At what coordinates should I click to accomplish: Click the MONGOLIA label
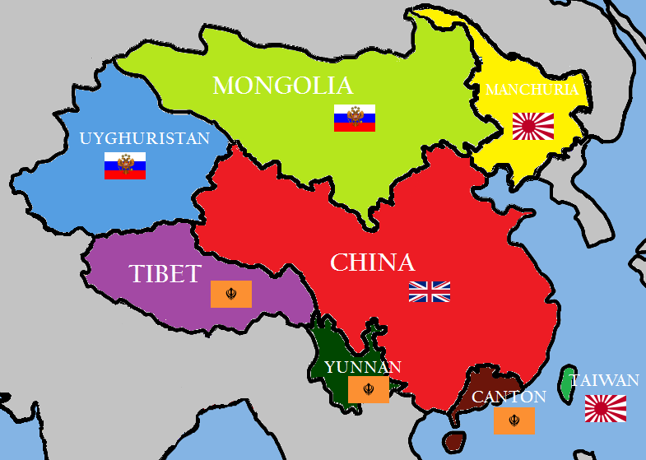point(282,86)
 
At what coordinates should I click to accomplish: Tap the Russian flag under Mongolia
point(355,118)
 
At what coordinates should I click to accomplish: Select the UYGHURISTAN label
point(145,138)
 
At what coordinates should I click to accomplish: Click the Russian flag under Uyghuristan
point(125,165)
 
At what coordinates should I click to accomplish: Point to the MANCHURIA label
point(532,90)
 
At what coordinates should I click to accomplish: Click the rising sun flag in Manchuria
point(533,126)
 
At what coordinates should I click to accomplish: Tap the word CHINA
point(372,263)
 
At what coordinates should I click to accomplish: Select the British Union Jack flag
point(430,291)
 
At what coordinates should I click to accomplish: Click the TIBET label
point(165,274)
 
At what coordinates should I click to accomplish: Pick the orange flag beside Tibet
point(231,294)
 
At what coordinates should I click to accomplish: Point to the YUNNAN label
point(363,367)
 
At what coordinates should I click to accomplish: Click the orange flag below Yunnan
point(368,390)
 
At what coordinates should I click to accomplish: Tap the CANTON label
point(509,397)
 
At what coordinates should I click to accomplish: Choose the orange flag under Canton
point(514,421)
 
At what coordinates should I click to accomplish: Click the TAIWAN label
point(605,380)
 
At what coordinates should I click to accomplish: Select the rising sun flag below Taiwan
point(606,408)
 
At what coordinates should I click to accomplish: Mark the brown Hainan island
point(453,440)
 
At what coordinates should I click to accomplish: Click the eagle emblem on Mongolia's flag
point(355,116)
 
